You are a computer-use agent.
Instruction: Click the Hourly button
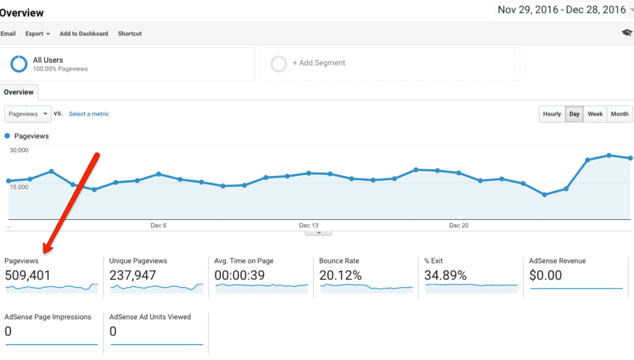click(x=552, y=114)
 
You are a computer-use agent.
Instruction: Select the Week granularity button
click(x=595, y=114)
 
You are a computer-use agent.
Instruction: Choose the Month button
click(x=619, y=114)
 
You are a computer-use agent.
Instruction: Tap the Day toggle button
click(x=574, y=114)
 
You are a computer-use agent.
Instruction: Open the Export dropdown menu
click(x=38, y=33)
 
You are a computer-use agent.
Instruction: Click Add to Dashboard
click(x=84, y=33)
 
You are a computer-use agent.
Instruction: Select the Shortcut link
click(x=130, y=33)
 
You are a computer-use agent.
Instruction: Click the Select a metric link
click(x=89, y=114)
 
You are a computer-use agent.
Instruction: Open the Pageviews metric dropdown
click(x=28, y=114)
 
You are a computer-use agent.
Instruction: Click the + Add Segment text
click(x=319, y=63)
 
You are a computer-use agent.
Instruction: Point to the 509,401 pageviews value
click(x=27, y=276)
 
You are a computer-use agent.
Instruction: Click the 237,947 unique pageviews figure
click(x=132, y=276)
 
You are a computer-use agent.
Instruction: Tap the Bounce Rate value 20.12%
click(x=341, y=276)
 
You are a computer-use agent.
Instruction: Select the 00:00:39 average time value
click(x=240, y=276)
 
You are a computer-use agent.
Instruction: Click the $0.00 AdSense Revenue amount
click(x=545, y=276)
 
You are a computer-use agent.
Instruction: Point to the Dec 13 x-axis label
click(x=308, y=226)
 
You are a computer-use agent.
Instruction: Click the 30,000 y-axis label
click(x=19, y=150)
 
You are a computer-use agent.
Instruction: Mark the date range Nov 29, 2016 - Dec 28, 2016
click(x=562, y=10)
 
